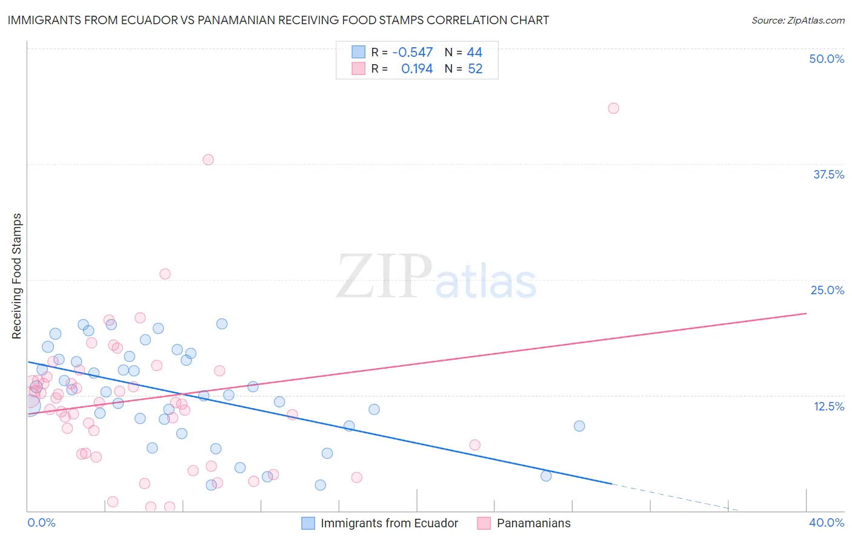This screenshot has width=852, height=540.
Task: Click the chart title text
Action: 278,20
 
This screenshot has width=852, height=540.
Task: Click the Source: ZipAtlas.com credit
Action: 797,20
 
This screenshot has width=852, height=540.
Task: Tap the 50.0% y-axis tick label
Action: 827,59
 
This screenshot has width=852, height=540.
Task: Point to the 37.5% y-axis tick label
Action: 828,174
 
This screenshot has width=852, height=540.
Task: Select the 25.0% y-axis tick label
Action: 827,290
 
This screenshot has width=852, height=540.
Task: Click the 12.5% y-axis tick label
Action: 828,406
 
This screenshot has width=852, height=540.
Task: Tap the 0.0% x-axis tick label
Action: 41,522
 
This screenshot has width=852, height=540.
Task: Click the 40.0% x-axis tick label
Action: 826,522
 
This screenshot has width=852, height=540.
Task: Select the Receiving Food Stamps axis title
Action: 17,276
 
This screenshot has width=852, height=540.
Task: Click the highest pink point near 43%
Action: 613,108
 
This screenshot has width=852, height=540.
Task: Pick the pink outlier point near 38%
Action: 208,160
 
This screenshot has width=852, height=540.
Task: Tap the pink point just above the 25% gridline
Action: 165,274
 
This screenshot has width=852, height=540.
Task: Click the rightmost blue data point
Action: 579,426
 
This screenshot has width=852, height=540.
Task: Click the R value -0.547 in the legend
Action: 413,53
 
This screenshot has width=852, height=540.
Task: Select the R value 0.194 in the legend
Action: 417,69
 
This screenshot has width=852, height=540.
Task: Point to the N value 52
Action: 475,69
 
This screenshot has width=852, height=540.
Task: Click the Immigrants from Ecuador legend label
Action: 389,523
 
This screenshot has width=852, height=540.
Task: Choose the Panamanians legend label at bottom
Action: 533,523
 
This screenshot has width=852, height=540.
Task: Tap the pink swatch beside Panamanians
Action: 484,523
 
